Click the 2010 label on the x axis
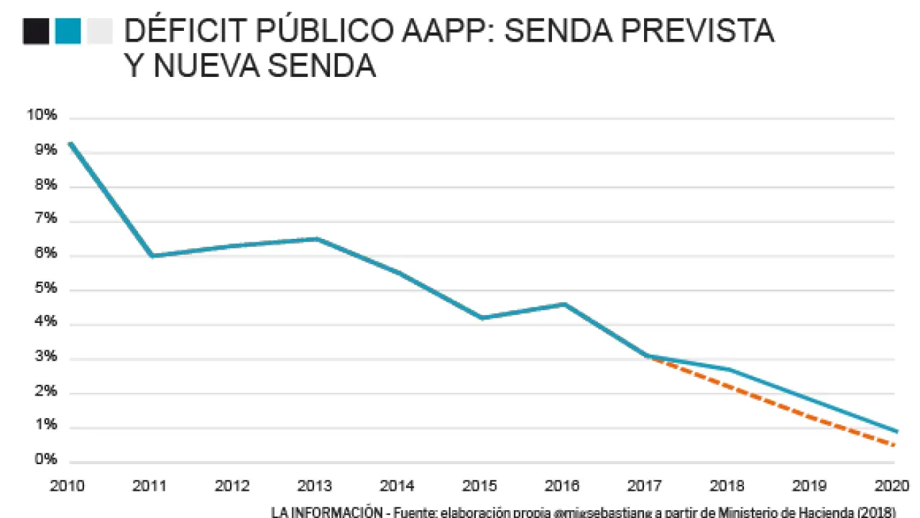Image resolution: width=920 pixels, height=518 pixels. tap(67, 486)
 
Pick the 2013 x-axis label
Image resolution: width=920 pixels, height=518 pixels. tap(315, 486)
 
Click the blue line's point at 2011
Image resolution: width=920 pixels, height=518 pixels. tap(152, 255)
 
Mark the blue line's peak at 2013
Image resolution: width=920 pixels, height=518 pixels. tap(318, 239)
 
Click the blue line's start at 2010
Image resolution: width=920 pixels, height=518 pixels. tap(70, 142)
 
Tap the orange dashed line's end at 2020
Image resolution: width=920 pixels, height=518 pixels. tap(894, 445)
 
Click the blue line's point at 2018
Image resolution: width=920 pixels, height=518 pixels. tap(730, 370)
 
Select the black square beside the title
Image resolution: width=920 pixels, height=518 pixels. tap(36, 32)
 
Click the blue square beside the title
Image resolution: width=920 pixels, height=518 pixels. tap(68, 32)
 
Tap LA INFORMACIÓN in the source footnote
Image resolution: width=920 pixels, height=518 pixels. tap(326, 512)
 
